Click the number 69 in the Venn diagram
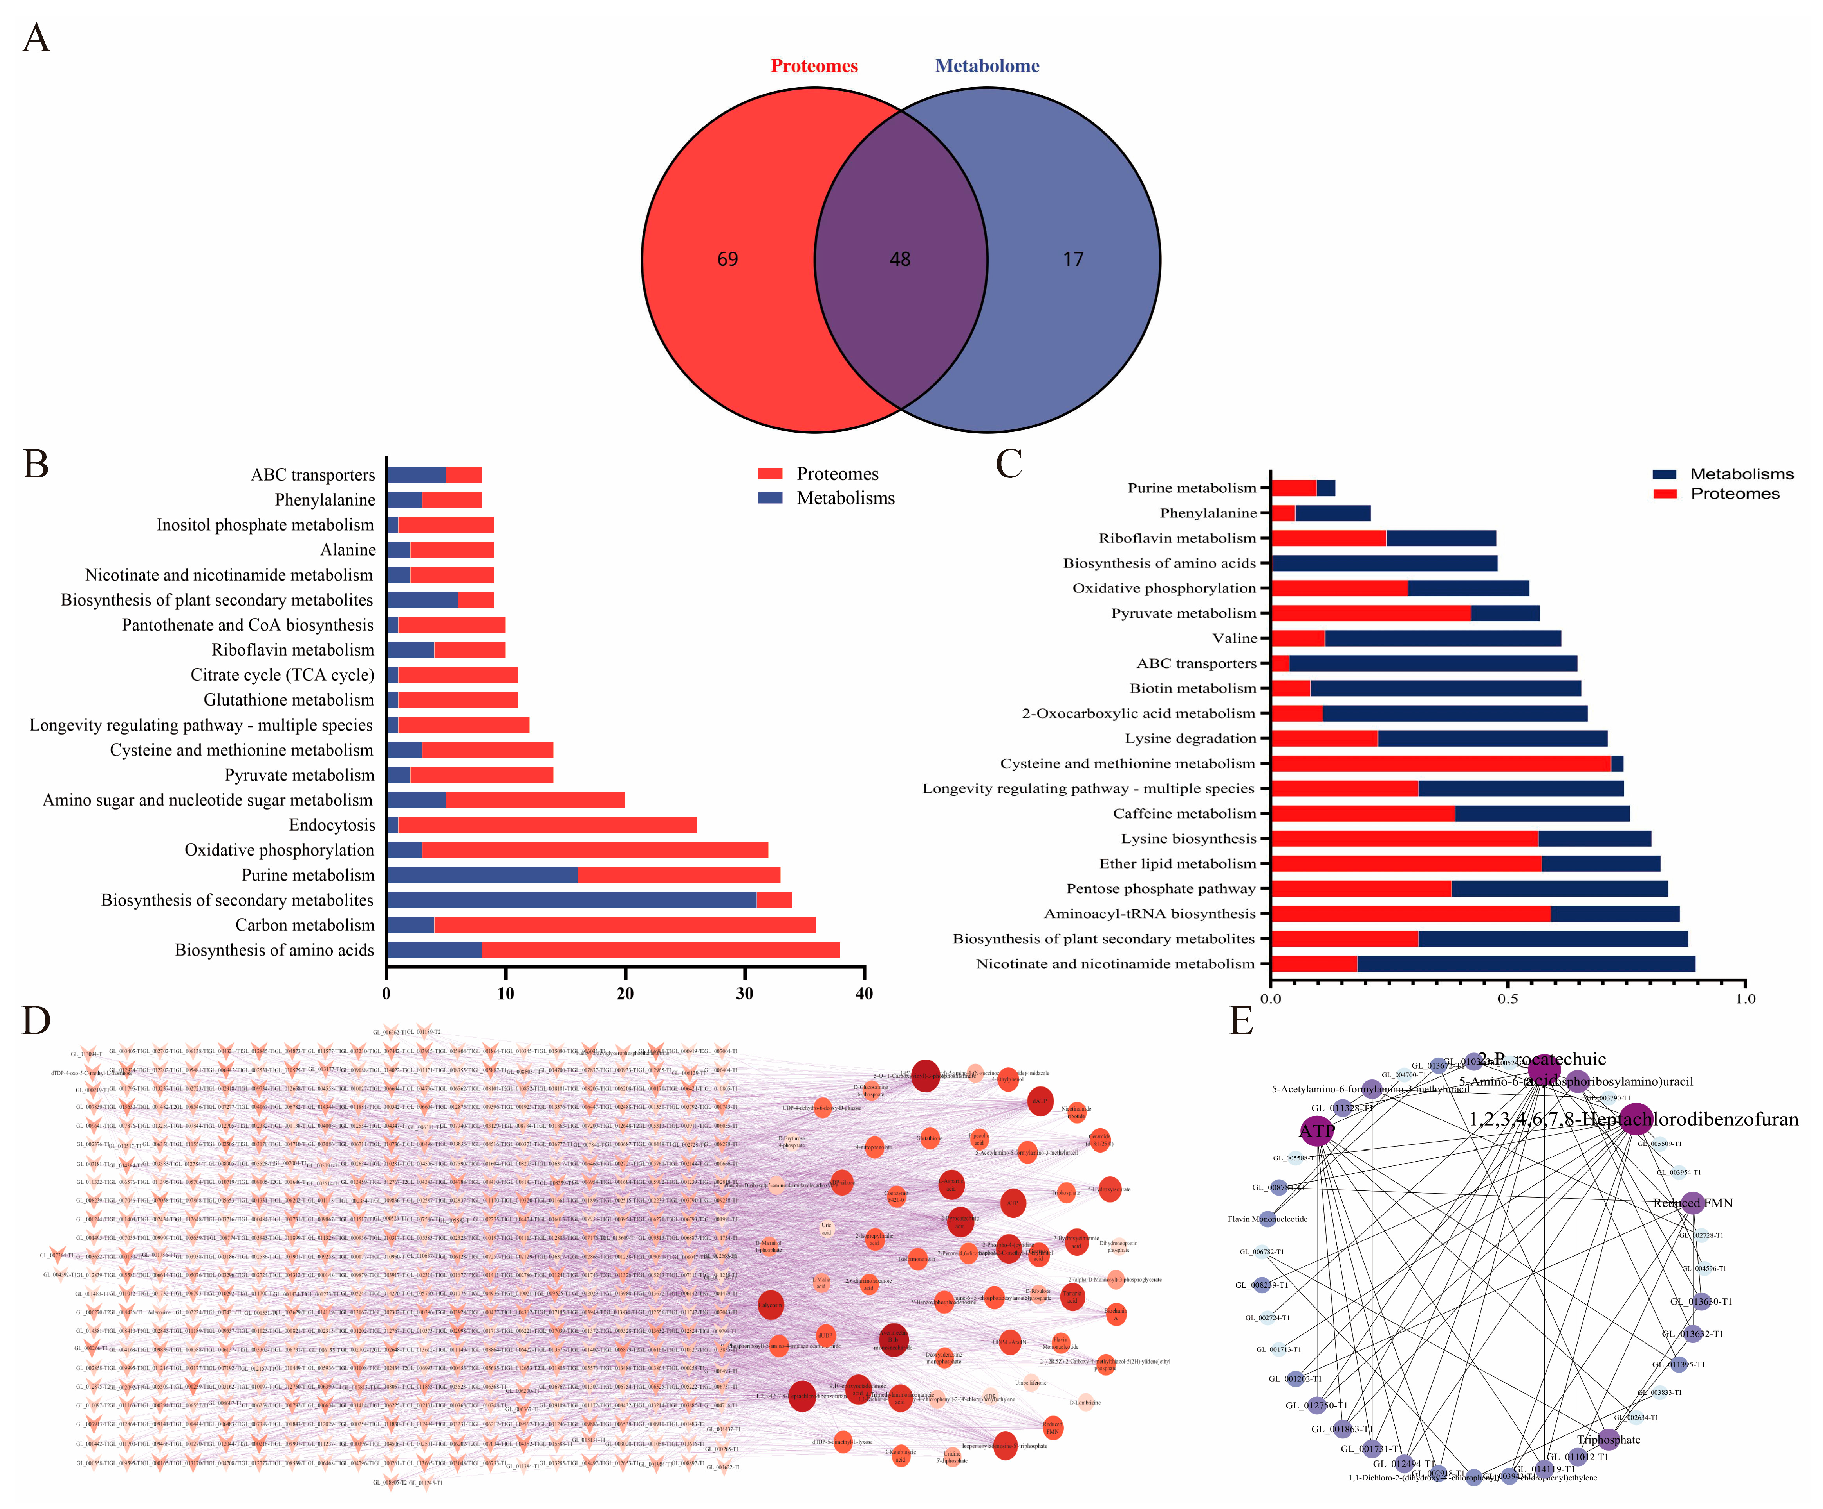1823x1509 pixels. (727, 259)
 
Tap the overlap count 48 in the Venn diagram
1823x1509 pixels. (900, 259)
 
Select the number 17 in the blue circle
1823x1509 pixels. (1073, 259)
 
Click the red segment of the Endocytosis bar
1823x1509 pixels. (547, 825)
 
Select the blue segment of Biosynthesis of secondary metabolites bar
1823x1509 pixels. (571, 900)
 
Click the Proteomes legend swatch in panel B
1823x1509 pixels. (770, 474)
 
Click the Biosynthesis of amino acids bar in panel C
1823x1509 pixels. (1385, 563)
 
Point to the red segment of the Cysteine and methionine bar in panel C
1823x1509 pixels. (1441, 763)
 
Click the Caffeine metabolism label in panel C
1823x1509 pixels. (1184, 814)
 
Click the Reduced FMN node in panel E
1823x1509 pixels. (1690, 1203)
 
